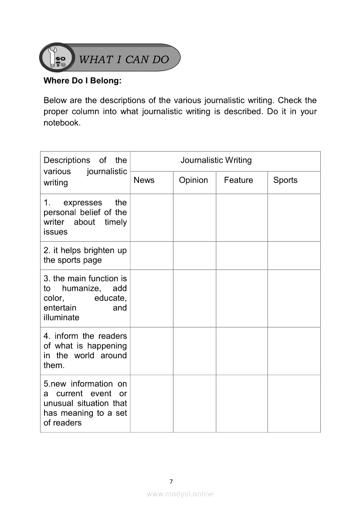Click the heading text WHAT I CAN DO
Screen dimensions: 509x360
124,60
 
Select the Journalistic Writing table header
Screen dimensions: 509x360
216,160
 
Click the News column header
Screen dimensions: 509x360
144,180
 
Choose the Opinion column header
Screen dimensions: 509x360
194,180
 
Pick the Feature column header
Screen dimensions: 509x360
238,180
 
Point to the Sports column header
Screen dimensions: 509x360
285,180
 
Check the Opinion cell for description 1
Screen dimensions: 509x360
194,217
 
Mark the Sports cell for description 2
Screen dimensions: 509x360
294,256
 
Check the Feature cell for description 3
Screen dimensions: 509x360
241,298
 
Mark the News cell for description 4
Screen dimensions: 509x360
151,351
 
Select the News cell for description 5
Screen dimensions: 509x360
151,403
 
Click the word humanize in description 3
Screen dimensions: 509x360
82,289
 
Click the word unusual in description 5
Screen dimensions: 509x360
58,404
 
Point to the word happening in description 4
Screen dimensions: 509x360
107,346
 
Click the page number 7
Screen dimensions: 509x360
171,482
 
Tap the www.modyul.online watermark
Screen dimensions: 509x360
180,494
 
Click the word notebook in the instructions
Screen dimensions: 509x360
61,123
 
